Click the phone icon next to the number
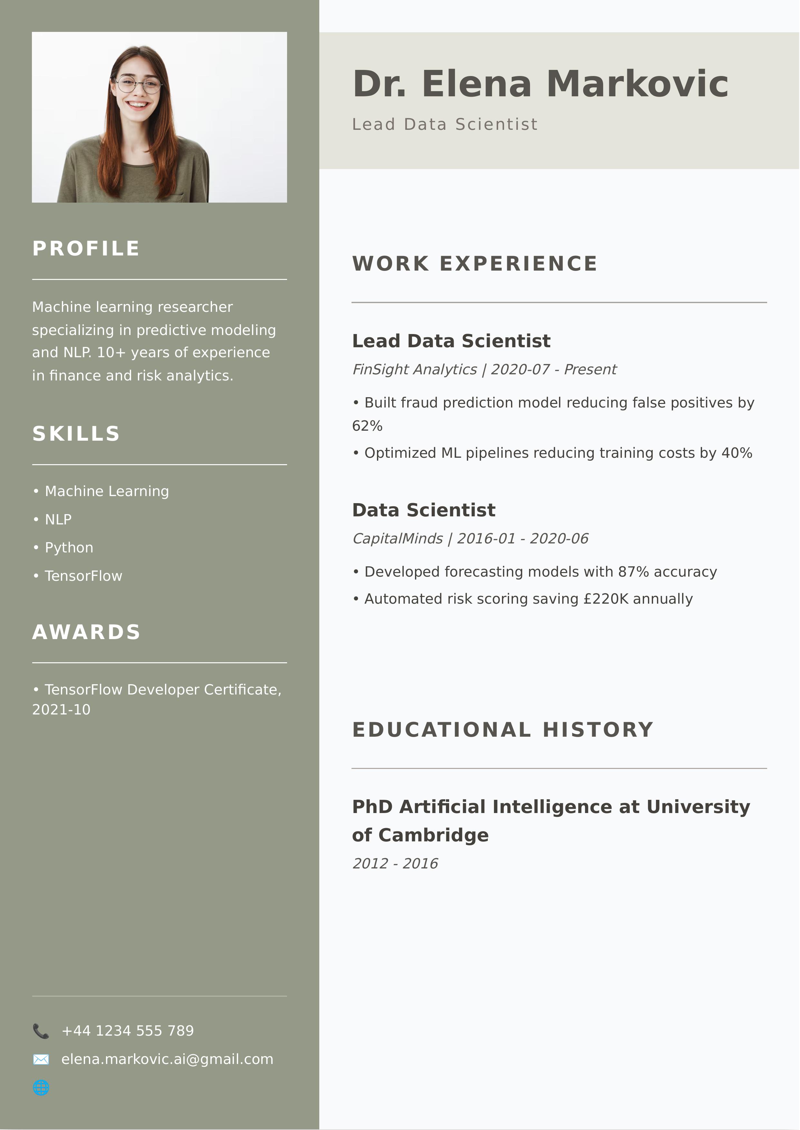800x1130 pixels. click(x=41, y=1030)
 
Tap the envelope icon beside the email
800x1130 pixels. click(x=41, y=1059)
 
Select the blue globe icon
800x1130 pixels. click(x=41, y=1088)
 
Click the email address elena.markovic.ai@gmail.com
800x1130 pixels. click(x=167, y=1059)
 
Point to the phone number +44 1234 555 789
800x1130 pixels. click(x=128, y=1030)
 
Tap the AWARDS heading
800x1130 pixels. click(x=87, y=632)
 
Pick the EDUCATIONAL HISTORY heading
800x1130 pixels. click(x=503, y=730)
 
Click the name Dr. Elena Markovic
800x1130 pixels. click(x=540, y=84)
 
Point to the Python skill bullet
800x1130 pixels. click(x=69, y=548)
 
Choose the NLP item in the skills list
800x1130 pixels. click(x=58, y=520)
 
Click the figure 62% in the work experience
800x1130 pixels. click(x=368, y=426)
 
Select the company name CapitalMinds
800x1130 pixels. click(x=398, y=539)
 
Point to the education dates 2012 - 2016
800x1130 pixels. click(x=395, y=864)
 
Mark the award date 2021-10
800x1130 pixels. click(x=62, y=710)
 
